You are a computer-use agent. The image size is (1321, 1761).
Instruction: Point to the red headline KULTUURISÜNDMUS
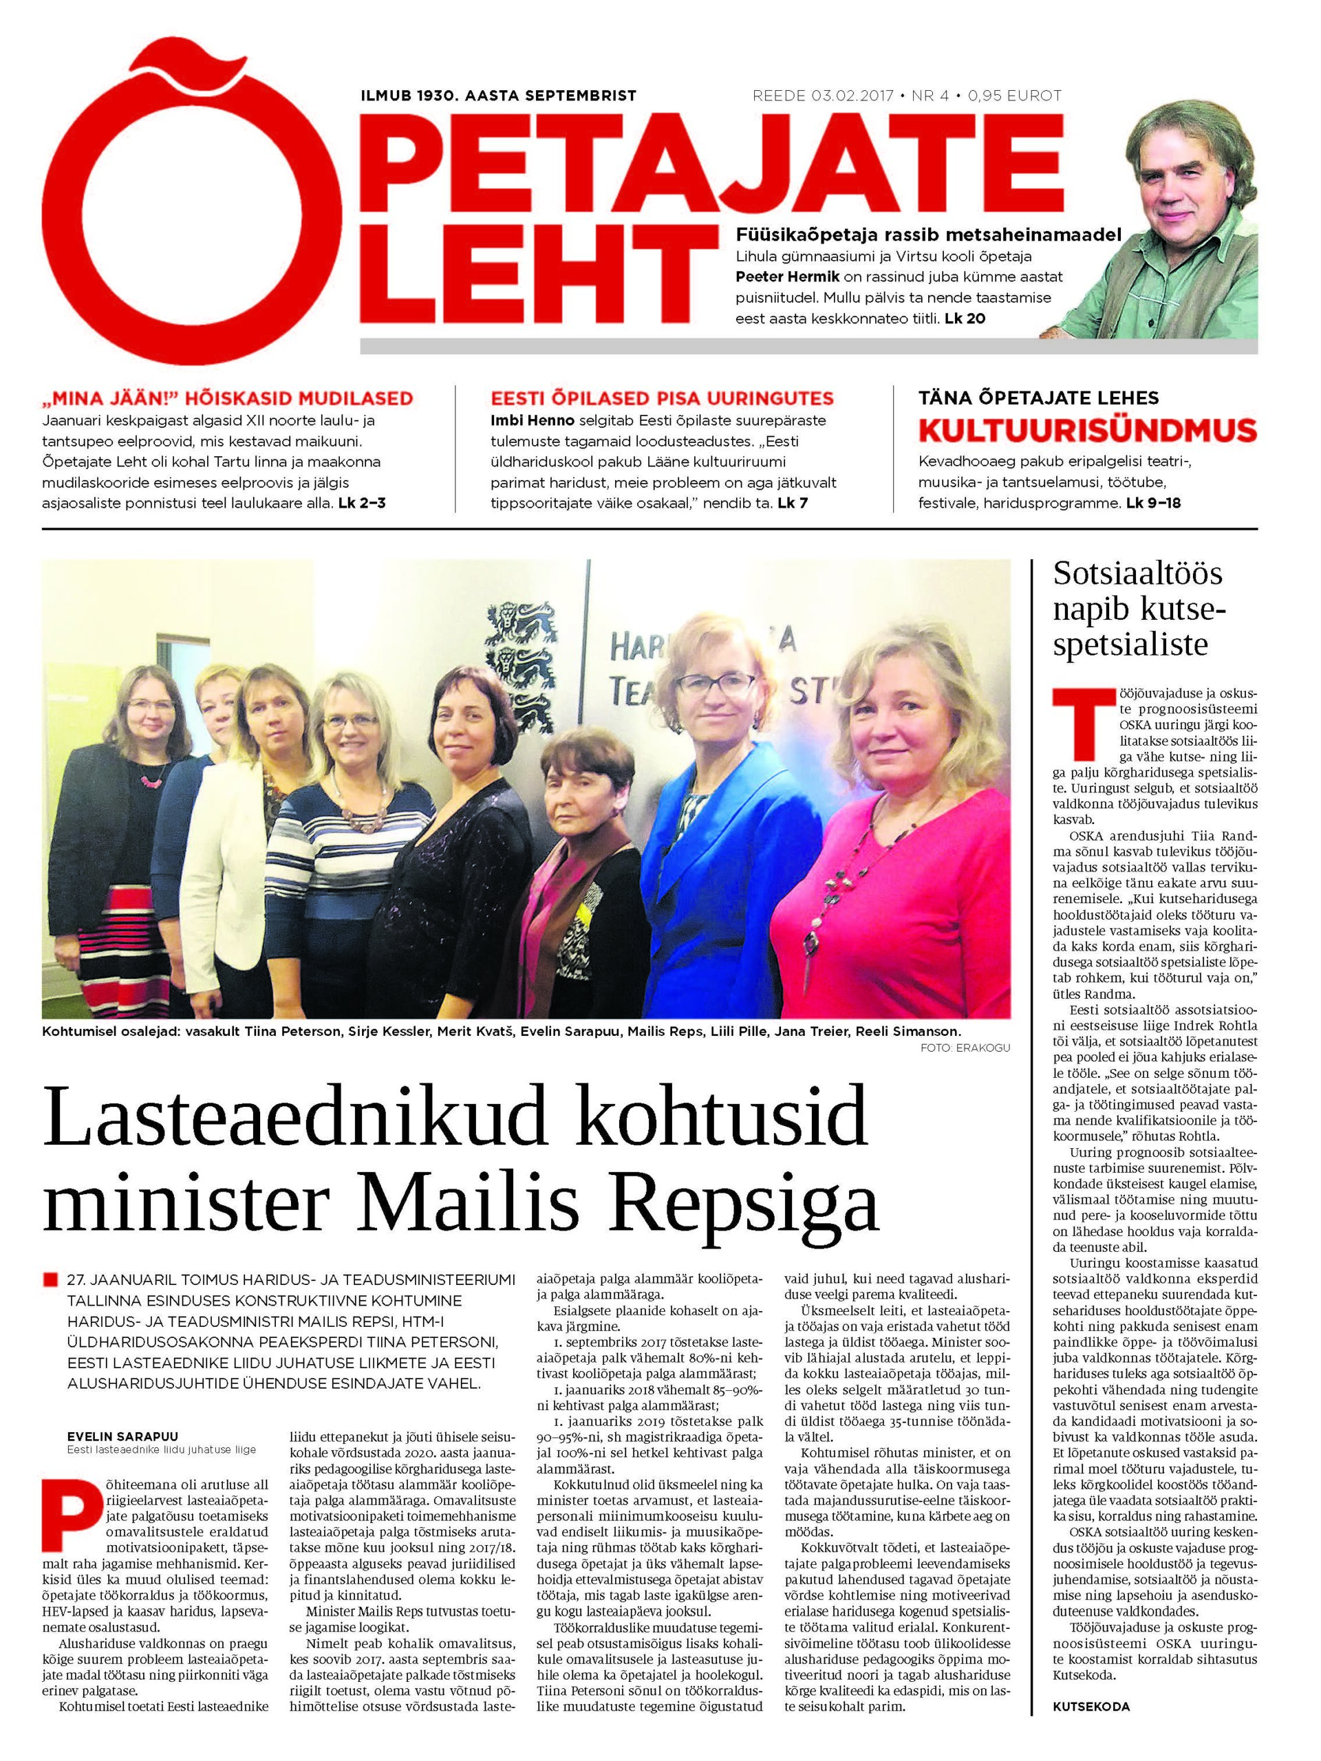click(1087, 430)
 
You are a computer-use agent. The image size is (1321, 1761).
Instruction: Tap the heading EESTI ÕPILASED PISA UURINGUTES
click(662, 398)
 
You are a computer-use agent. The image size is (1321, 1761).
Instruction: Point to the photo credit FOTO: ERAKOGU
click(965, 1048)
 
